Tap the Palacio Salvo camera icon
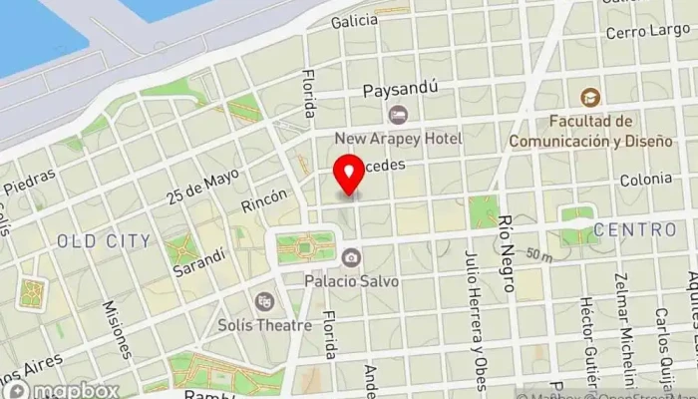click(x=350, y=258)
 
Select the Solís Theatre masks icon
click(x=264, y=300)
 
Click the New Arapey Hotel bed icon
click(x=398, y=115)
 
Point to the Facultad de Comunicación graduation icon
click(x=591, y=98)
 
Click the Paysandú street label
click(x=401, y=89)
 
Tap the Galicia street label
click(x=355, y=20)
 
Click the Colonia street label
click(x=645, y=180)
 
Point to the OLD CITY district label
click(x=104, y=240)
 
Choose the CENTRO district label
click(x=634, y=229)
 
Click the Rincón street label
click(x=264, y=200)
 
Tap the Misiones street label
click(x=118, y=329)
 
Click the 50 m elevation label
click(x=539, y=256)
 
